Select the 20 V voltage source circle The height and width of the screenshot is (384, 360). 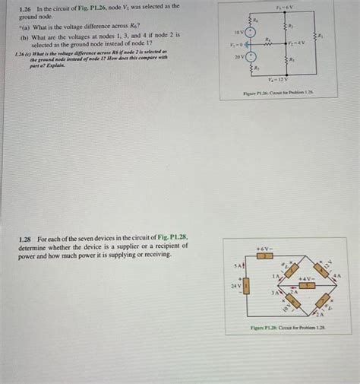point(251,57)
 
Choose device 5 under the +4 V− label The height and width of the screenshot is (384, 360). point(307,287)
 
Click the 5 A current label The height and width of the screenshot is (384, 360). point(238,267)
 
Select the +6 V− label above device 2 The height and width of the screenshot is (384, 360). point(264,248)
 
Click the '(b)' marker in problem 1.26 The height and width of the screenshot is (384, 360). point(25,36)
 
